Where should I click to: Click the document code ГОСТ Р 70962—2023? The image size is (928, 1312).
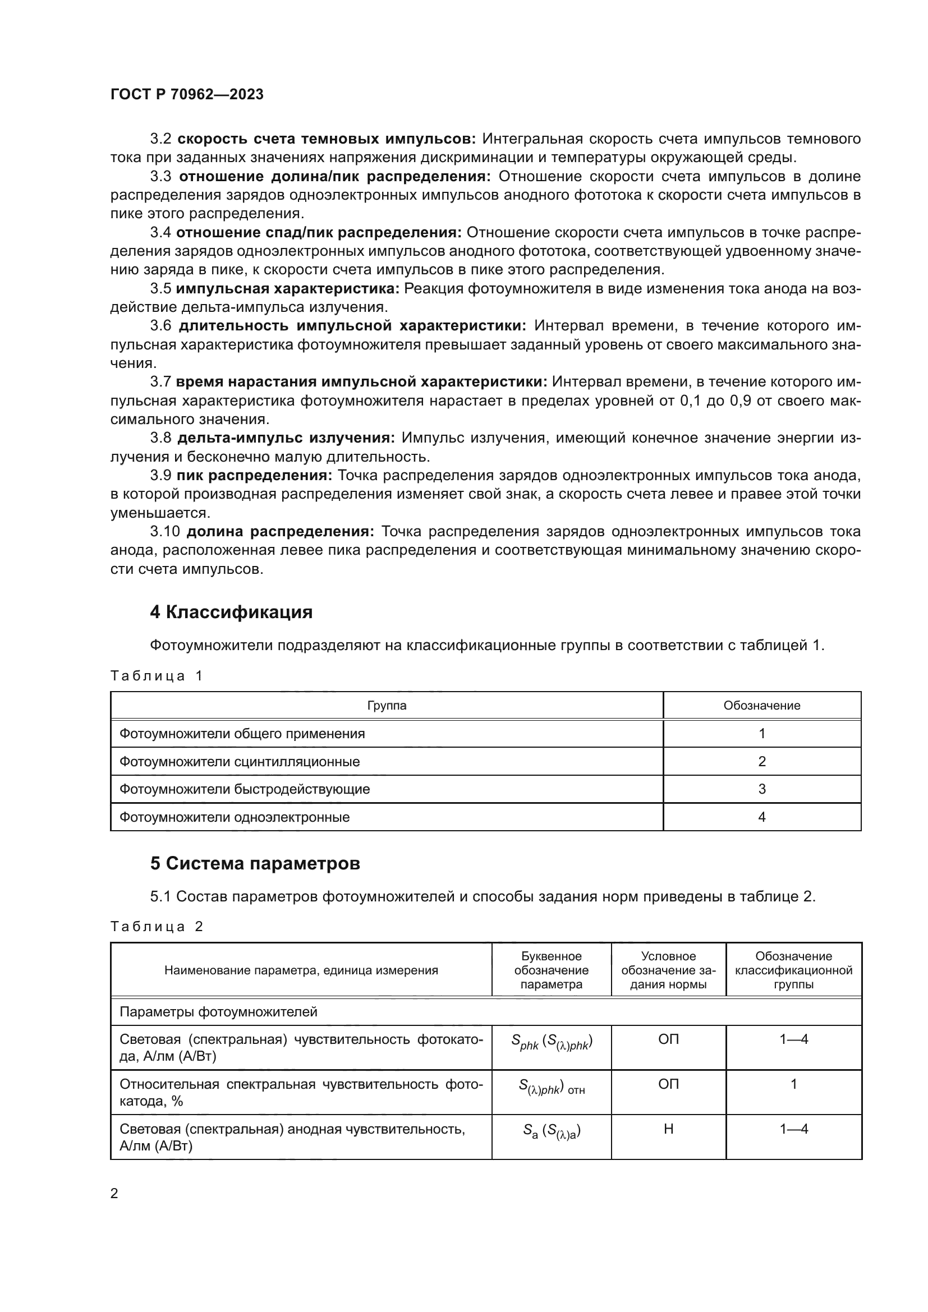(x=187, y=94)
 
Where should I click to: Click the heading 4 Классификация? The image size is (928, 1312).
(x=231, y=612)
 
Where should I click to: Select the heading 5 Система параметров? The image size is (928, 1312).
(x=255, y=863)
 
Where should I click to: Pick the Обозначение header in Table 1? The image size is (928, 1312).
(x=761, y=705)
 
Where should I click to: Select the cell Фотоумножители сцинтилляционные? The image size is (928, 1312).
(x=240, y=761)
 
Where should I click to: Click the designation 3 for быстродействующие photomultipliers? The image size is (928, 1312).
(x=761, y=789)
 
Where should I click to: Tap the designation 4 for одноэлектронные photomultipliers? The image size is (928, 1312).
(x=761, y=817)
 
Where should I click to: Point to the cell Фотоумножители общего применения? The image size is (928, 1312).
(x=242, y=733)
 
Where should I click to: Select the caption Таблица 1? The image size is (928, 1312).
(x=157, y=676)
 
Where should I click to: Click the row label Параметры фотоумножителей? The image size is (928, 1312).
(x=218, y=1012)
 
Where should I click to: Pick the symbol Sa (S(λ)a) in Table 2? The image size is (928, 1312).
(x=552, y=1130)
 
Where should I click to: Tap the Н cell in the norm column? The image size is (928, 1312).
(x=668, y=1129)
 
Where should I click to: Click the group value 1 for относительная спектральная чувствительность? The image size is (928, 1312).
(x=793, y=1084)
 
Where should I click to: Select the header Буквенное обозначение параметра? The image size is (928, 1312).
(x=551, y=970)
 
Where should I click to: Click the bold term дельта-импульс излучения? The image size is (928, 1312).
(x=286, y=438)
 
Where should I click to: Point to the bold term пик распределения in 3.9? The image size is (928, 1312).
(x=254, y=476)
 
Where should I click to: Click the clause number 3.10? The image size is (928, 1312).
(x=165, y=531)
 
